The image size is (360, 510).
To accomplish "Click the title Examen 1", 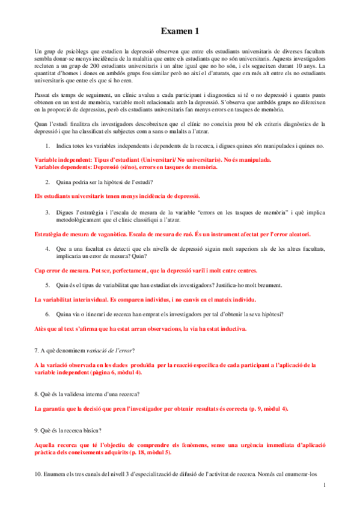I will click(180, 31).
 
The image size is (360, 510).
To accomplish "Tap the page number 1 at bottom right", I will click(325, 485).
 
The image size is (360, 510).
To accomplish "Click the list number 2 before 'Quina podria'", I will click(47, 181).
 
